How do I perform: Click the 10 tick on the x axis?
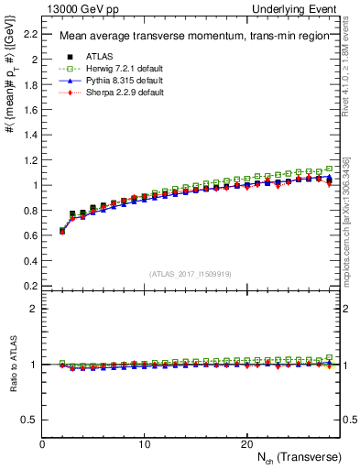pyautogui.click(x=145, y=444)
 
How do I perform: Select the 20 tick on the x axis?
pyautogui.click(x=246, y=444)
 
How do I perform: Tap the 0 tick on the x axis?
pyautogui.click(x=43, y=444)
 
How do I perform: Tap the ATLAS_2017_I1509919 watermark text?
pyautogui.click(x=190, y=273)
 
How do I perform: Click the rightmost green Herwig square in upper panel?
pyautogui.click(x=330, y=169)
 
